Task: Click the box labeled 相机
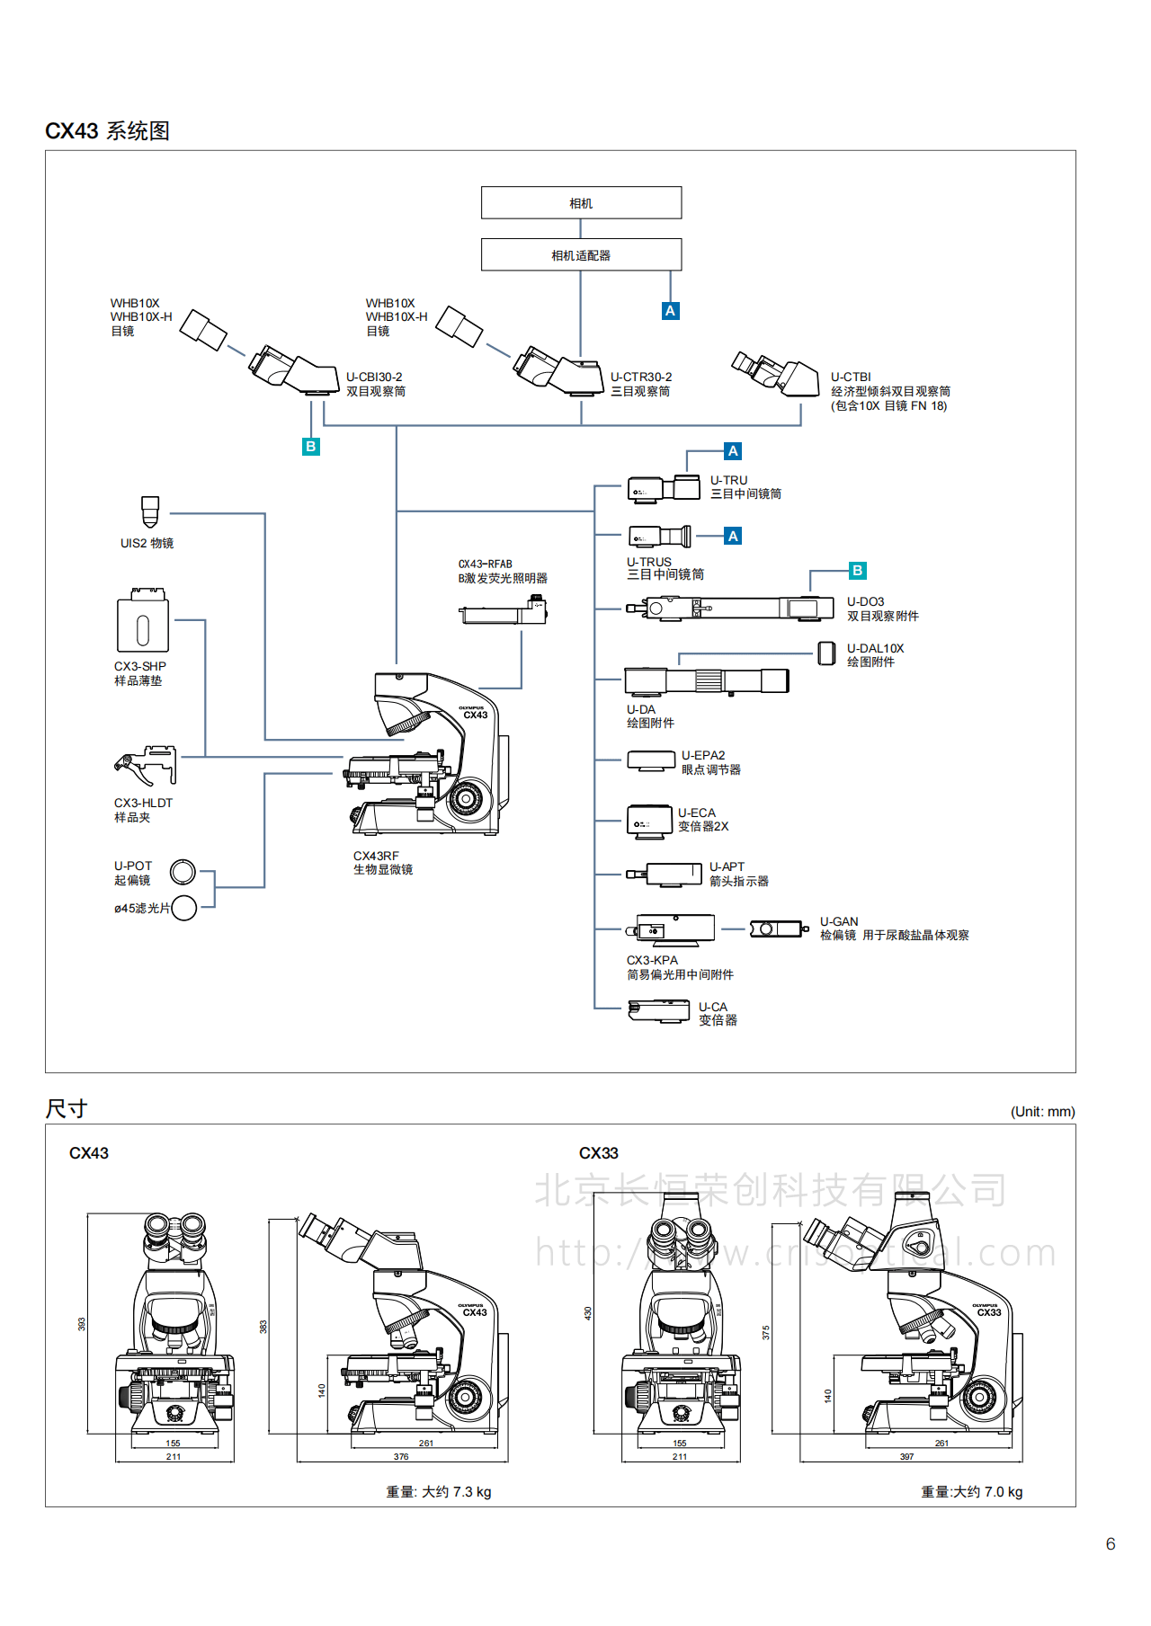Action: pyautogui.click(x=581, y=203)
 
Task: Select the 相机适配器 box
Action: pyautogui.click(x=581, y=255)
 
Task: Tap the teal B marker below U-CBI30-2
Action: pyautogui.click(x=311, y=447)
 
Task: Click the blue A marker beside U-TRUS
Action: pyautogui.click(x=733, y=537)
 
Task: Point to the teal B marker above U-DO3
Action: pyautogui.click(x=857, y=571)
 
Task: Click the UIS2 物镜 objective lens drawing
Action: pyautogui.click(x=150, y=512)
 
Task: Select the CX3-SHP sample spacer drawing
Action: pyautogui.click(x=142, y=621)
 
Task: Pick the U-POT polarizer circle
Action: pyautogui.click(x=183, y=872)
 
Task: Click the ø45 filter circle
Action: pyautogui.click(x=184, y=908)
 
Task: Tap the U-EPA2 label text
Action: pyautogui.click(x=703, y=756)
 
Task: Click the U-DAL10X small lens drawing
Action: pyautogui.click(x=826, y=653)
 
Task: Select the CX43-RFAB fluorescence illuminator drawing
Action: pyautogui.click(x=503, y=612)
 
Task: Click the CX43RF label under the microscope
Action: pyautogui.click(x=376, y=857)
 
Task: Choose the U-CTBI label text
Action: pyautogui.click(x=851, y=378)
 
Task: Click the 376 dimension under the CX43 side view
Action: pyautogui.click(x=401, y=1457)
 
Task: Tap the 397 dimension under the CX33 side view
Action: pyautogui.click(x=906, y=1457)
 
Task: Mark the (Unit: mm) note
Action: pyautogui.click(x=1042, y=1112)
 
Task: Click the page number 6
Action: pyautogui.click(x=1111, y=1544)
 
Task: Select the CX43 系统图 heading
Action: pyautogui.click(x=107, y=131)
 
